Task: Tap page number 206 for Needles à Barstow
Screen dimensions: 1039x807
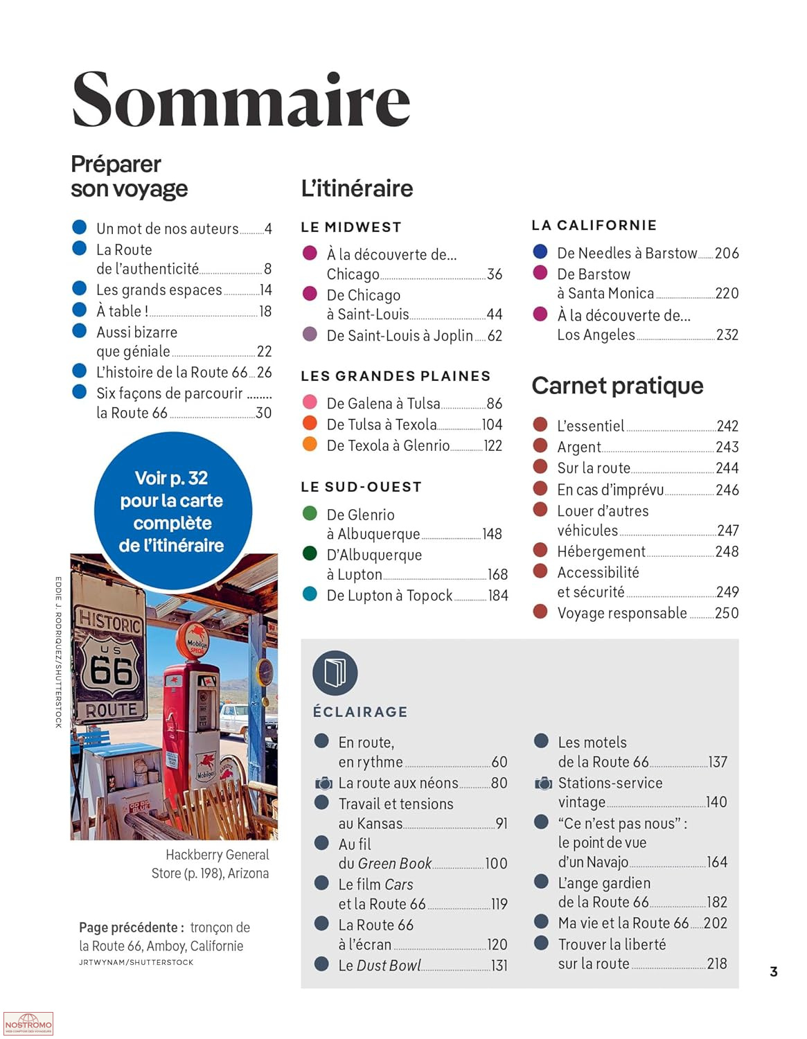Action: [727, 254]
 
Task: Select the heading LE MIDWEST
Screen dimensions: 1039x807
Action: [351, 227]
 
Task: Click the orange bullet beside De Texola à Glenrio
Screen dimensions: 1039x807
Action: [310, 444]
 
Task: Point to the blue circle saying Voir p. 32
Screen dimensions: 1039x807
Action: [172, 511]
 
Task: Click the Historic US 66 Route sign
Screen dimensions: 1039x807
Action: [110, 665]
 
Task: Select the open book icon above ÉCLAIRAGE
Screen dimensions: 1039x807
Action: [335, 673]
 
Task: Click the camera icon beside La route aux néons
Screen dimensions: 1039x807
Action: [323, 783]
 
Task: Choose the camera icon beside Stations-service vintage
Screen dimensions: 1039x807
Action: [543, 783]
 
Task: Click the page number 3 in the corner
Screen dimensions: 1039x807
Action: [774, 972]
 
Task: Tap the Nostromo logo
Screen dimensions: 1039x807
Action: [28, 1024]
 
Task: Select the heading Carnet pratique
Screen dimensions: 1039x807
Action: [617, 386]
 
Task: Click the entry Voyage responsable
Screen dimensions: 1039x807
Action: [622, 613]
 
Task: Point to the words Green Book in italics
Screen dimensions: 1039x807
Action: [395, 864]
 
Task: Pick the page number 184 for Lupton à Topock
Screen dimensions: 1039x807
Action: [498, 596]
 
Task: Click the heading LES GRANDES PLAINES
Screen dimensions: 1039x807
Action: [396, 376]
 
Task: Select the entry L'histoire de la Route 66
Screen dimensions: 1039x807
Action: [172, 373]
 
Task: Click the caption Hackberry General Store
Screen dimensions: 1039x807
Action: [217, 855]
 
